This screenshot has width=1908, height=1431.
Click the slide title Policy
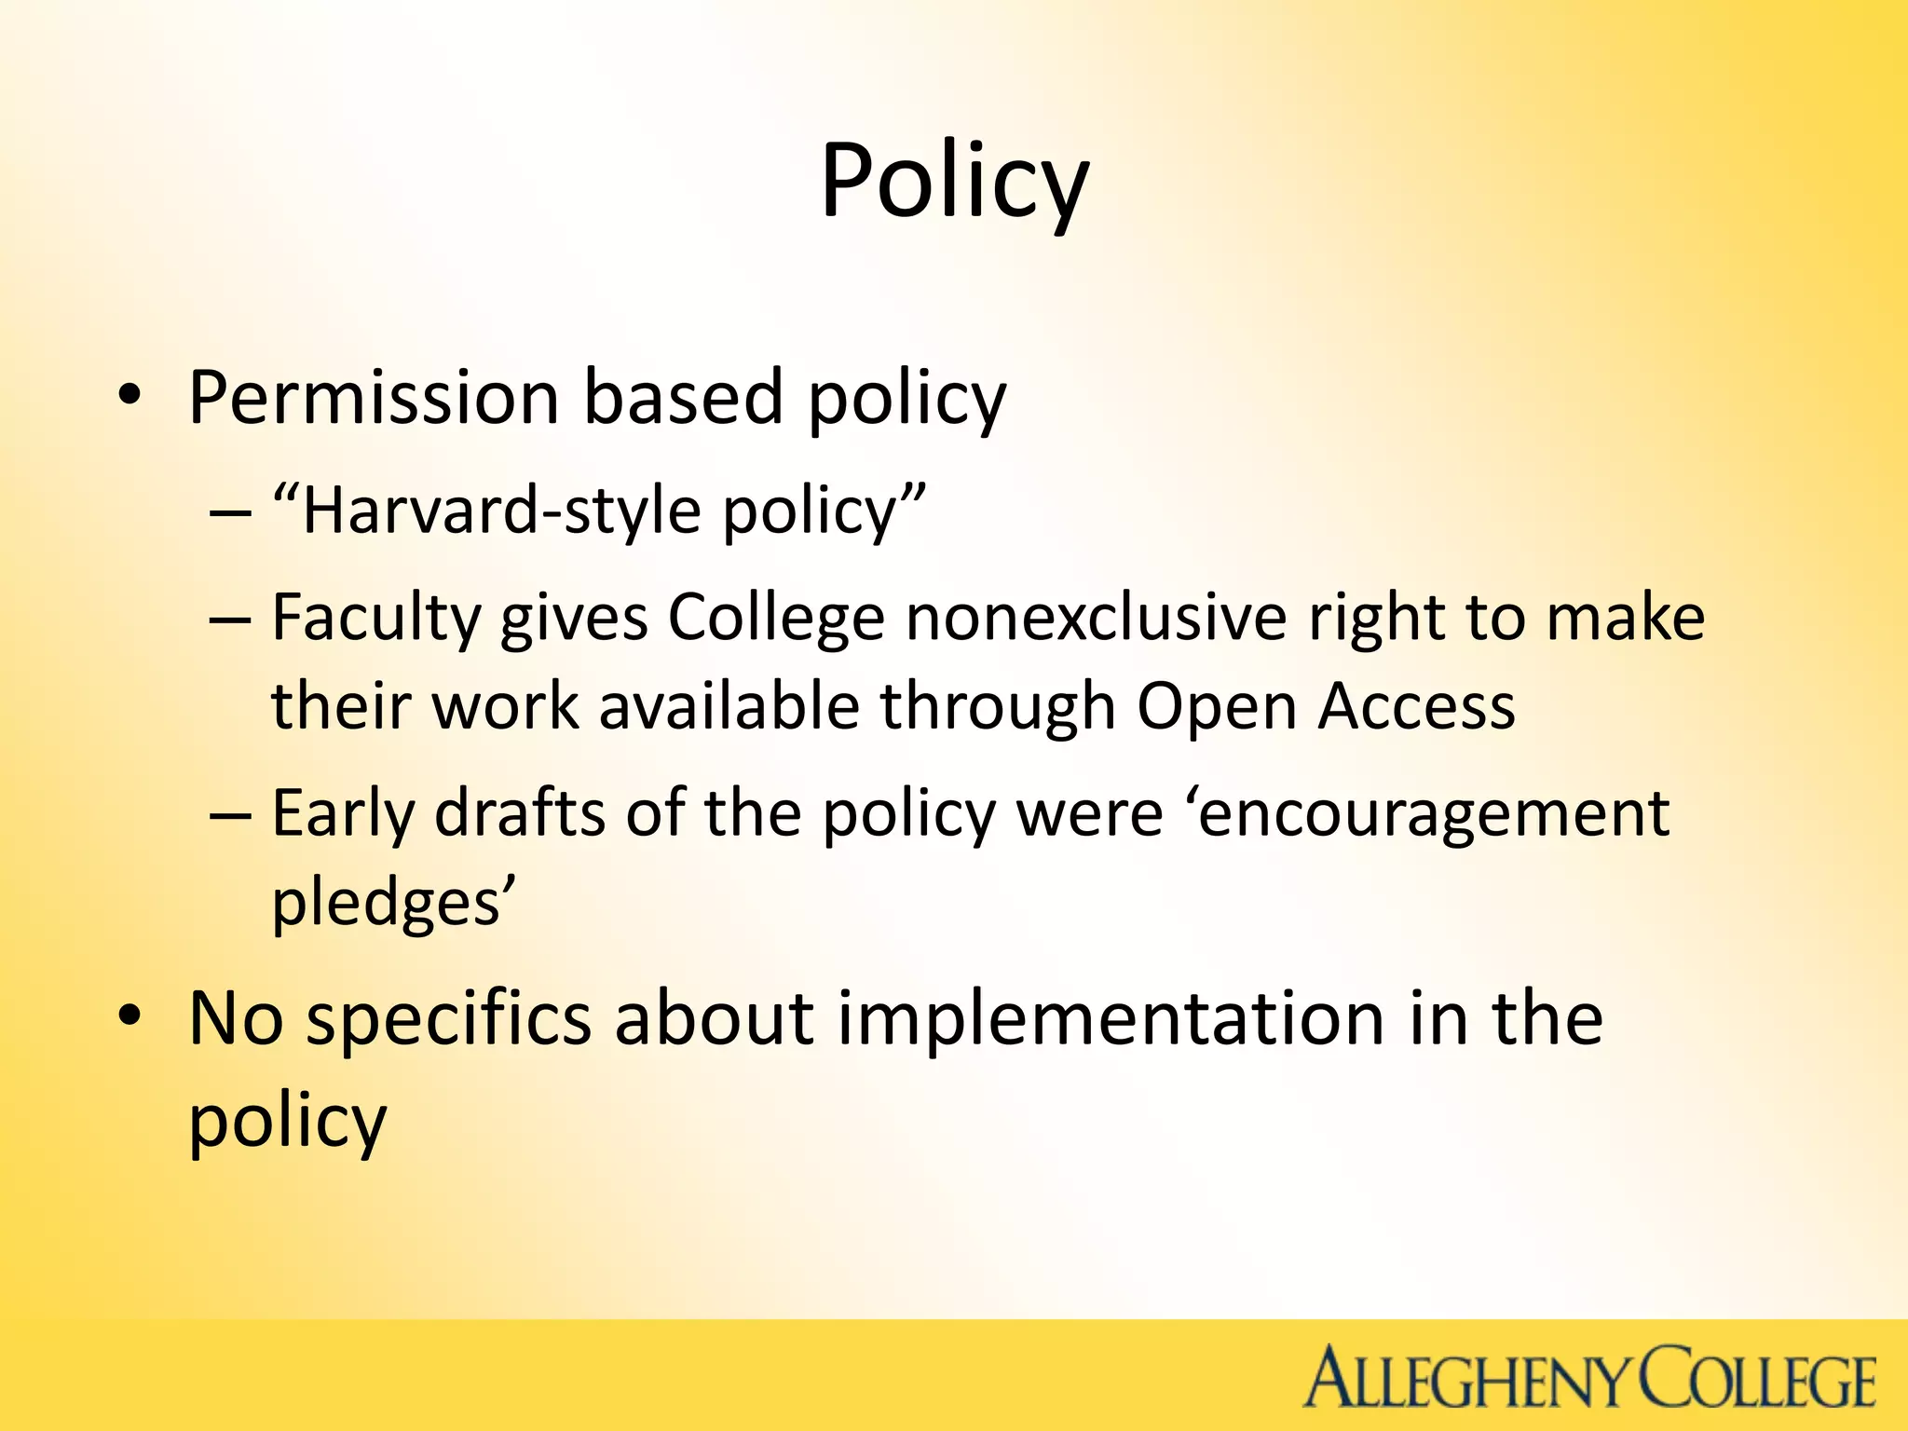954,182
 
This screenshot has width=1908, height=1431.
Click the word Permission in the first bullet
373,399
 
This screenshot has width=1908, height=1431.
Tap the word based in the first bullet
682,399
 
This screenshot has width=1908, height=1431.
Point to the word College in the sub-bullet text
775,619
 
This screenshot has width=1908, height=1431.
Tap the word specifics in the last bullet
449,1019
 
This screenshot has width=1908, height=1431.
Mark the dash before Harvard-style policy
230,513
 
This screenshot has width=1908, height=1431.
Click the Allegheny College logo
1588,1377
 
